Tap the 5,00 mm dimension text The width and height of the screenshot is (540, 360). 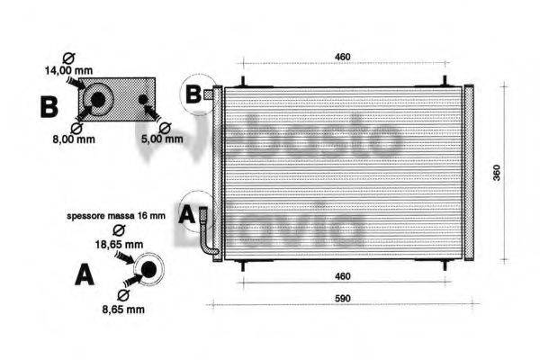click(x=162, y=139)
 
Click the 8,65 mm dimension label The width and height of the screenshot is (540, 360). click(x=122, y=310)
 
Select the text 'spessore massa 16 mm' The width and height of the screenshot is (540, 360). click(x=115, y=216)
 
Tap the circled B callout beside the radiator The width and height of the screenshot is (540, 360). click(x=193, y=92)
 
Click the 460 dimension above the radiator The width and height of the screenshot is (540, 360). click(x=343, y=58)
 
